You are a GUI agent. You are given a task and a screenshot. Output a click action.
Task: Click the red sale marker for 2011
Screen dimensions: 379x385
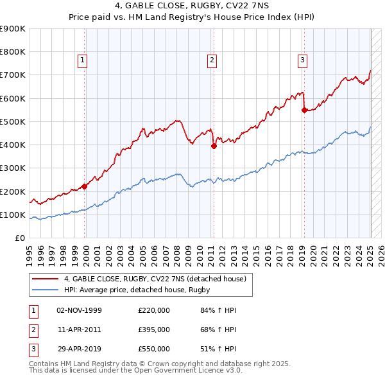tap(214, 146)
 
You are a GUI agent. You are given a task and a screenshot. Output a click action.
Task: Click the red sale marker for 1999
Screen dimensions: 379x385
tap(85, 186)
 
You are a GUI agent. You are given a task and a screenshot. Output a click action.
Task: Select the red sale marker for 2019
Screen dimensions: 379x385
tap(304, 109)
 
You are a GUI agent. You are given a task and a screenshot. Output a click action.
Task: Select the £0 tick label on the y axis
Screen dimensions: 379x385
tap(19, 238)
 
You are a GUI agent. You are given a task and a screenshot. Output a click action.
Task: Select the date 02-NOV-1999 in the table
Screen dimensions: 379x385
tap(80, 310)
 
